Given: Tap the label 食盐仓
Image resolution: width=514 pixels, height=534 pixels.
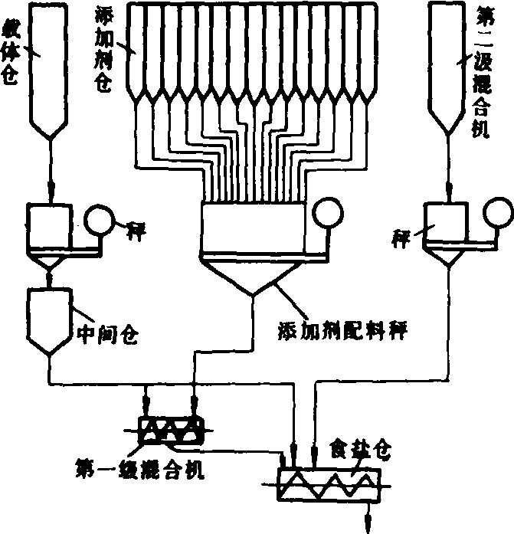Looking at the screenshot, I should [359, 448].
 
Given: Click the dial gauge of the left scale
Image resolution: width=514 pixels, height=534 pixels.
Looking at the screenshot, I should [97, 220].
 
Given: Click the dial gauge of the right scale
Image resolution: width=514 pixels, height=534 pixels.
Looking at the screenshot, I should [498, 211].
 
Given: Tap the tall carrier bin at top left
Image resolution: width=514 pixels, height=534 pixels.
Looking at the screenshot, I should [49, 69].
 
